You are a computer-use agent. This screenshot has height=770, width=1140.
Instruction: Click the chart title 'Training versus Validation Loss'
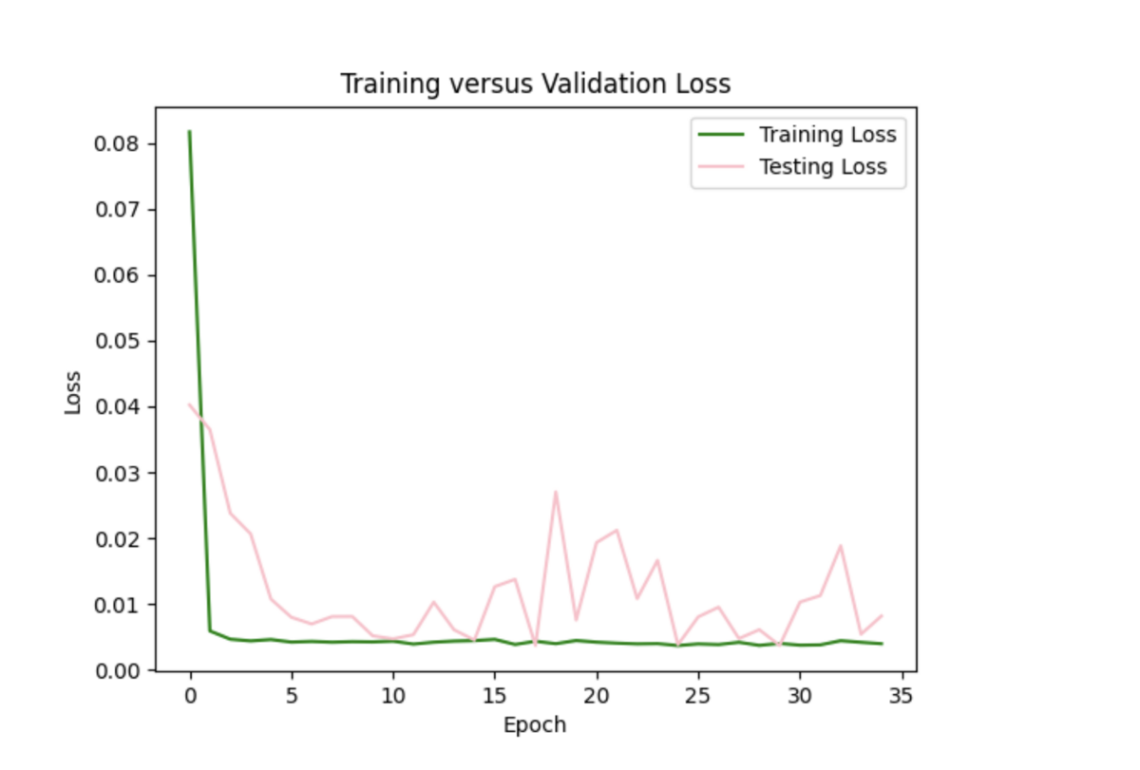pyautogui.click(x=536, y=85)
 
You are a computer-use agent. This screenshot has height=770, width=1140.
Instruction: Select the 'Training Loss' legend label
pyautogui.click(x=826, y=134)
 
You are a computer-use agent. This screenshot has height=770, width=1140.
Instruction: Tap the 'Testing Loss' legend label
pyautogui.click(x=822, y=167)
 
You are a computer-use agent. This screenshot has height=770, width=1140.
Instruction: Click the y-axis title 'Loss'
pyautogui.click(x=73, y=391)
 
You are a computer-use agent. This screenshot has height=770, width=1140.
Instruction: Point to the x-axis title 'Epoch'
pyautogui.click(x=535, y=725)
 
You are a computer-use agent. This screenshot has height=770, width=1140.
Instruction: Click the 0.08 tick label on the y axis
pyautogui.click(x=119, y=144)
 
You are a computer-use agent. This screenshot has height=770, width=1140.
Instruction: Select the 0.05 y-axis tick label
pyautogui.click(x=119, y=341)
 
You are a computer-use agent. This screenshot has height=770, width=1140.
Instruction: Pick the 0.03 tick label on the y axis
pyautogui.click(x=119, y=473)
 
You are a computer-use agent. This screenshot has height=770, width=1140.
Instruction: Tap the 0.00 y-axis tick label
pyautogui.click(x=119, y=670)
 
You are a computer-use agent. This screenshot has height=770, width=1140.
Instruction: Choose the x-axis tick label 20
pyautogui.click(x=597, y=696)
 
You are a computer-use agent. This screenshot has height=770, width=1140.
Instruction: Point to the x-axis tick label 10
pyautogui.click(x=393, y=696)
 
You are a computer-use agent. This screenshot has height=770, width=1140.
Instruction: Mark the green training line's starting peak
pyautogui.click(x=190, y=132)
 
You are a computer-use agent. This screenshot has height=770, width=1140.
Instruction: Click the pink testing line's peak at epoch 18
pyautogui.click(x=556, y=492)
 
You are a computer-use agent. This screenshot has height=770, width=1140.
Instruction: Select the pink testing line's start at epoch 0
pyautogui.click(x=190, y=404)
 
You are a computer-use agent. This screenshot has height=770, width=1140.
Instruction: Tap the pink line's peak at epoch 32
pyautogui.click(x=841, y=546)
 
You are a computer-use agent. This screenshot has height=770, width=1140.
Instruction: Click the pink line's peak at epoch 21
pyautogui.click(x=617, y=530)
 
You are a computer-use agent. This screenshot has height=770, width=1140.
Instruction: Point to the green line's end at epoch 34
pyautogui.click(x=882, y=644)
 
